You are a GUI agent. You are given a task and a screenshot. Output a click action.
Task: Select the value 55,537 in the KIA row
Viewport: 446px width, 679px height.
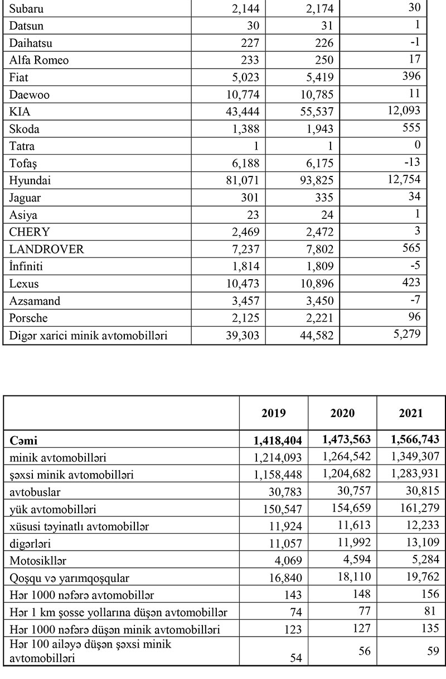coord(315,111)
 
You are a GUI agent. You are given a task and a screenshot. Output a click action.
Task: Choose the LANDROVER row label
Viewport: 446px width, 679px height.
coord(46,250)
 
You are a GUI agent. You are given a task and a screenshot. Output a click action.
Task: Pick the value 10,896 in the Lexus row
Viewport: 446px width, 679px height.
coord(315,284)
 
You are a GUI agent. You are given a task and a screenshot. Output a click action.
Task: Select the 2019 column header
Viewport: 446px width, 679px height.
coord(274,414)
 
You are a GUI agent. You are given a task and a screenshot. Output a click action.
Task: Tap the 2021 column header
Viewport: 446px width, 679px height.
coord(411,414)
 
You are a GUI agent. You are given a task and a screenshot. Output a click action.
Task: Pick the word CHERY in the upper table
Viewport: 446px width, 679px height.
coord(30,232)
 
